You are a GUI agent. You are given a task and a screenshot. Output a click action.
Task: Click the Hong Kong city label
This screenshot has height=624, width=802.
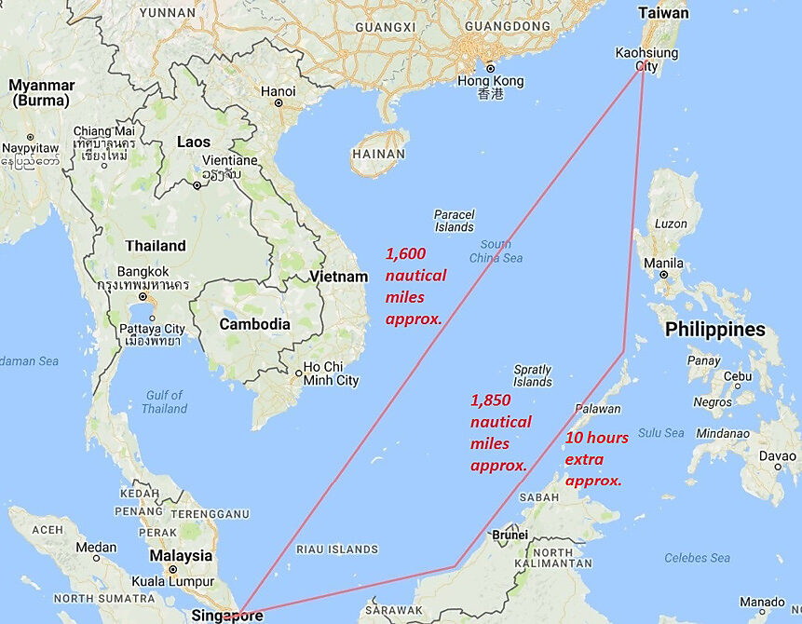(491, 81)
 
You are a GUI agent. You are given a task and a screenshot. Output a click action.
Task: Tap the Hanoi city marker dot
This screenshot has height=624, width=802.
(278, 102)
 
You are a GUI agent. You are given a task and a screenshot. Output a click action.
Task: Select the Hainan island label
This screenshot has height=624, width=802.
(378, 155)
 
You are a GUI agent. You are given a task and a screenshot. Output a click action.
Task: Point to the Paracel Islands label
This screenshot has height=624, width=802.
(455, 221)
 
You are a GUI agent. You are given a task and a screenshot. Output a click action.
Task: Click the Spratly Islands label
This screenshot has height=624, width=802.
(533, 375)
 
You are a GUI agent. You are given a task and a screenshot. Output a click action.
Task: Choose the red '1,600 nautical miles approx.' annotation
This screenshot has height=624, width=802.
(415, 285)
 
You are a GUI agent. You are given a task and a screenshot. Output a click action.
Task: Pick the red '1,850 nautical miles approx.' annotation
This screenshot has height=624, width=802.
(500, 432)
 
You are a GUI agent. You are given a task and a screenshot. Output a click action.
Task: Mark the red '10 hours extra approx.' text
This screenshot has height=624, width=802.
(596, 459)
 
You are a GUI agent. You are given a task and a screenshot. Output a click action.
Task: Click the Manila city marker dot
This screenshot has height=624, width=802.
(663, 275)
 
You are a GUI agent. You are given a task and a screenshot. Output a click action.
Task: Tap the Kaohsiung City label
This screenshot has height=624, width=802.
(646, 60)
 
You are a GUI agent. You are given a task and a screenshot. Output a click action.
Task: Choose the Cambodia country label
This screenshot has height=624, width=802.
(254, 324)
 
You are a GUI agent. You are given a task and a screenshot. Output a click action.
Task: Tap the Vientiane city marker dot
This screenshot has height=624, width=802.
(197, 185)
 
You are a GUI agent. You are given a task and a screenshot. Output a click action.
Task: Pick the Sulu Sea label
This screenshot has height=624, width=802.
(661, 433)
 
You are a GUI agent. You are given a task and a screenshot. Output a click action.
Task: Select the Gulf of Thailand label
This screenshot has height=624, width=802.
(165, 401)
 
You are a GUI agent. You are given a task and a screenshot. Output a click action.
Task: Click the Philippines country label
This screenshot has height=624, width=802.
(714, 330)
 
